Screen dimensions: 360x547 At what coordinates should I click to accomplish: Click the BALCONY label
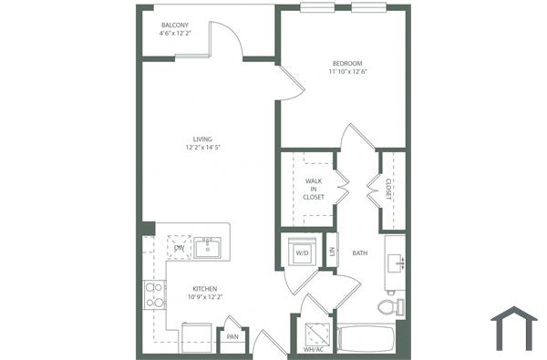tap(176, 25)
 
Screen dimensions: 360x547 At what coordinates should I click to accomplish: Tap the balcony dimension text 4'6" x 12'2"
tap(176, 35)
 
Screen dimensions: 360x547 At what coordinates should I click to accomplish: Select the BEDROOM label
tap(347, 62)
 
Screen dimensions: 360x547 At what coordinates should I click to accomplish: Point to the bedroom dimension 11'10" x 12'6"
tap(347, 72)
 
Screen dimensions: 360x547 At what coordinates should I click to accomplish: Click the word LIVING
tap(202, 139)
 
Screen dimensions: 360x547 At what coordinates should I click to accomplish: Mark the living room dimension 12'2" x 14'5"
tap(202, 148)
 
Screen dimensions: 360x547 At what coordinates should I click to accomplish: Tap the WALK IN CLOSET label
tap(314, 189)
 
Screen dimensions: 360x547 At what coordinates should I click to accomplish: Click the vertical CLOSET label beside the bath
tap(389, 189)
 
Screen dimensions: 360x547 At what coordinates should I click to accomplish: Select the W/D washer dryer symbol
tap(301, 252)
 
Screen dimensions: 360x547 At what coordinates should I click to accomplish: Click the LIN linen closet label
tap(333, 252)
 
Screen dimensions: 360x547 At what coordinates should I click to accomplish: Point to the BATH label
tap(359, 253)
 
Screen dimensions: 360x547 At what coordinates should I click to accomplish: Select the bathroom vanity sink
tap(396, 262)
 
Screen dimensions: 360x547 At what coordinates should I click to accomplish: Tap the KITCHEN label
tap(204, 288)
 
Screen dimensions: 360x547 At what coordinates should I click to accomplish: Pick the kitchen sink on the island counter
tap(209, 246)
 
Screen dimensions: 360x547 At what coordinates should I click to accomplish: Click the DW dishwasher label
tap(179, 246)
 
